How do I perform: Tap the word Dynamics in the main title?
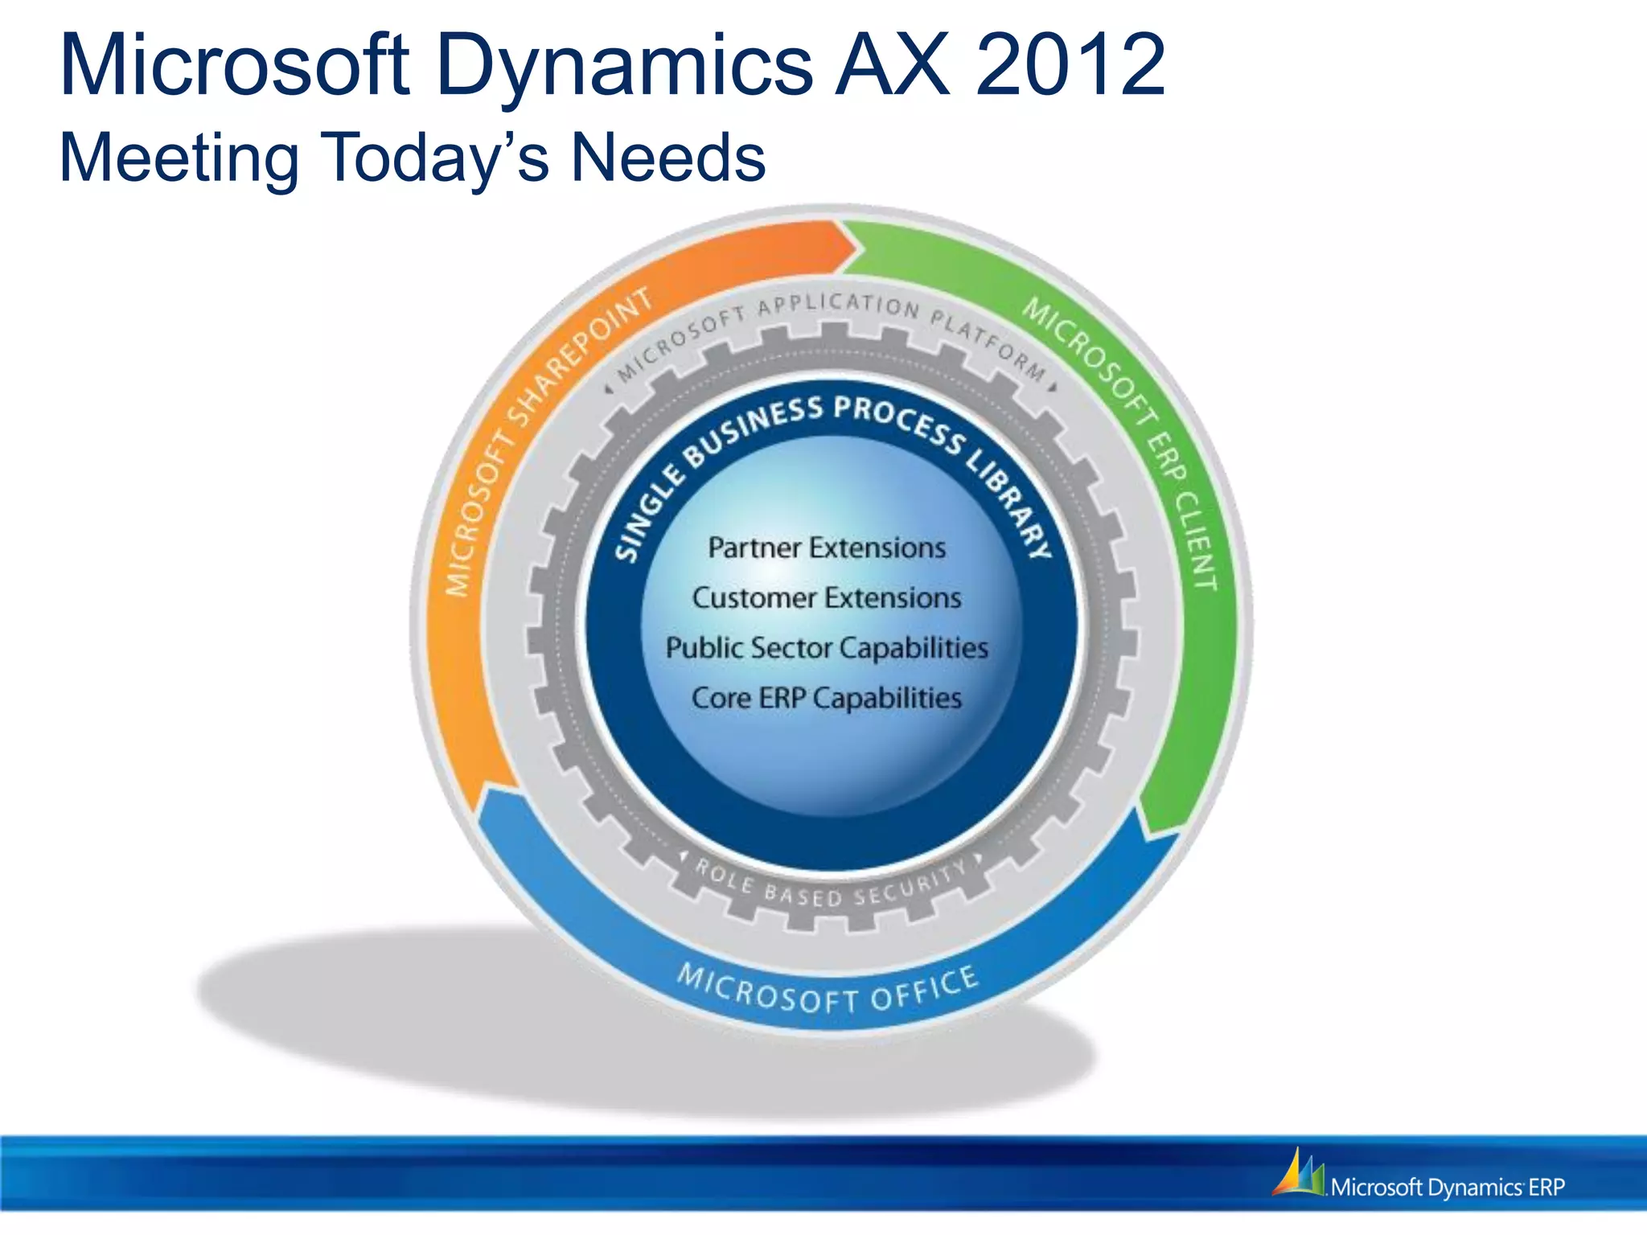point(623,66)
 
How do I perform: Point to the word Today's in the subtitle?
point(434,158)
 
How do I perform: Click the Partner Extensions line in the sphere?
point(826,548)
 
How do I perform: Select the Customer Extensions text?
point(826,598)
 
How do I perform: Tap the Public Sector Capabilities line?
point(826,648)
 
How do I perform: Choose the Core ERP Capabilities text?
point(826,698)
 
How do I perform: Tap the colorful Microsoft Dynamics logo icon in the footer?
point(1297,1173)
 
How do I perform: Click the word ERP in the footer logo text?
point(1546,1188)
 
